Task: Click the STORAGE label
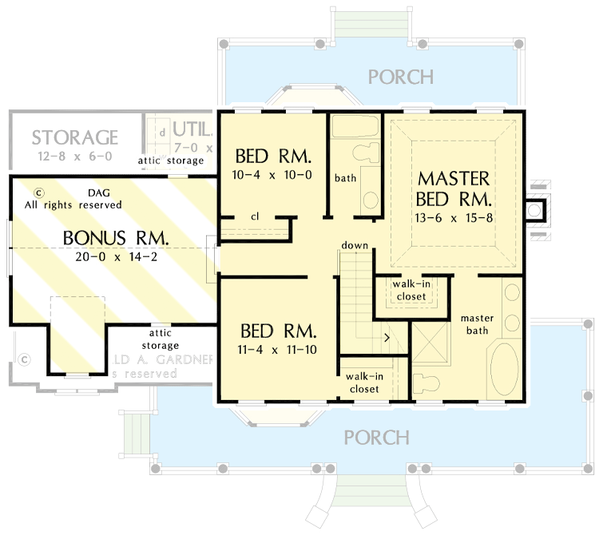pos(75,138)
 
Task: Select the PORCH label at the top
pos(400,77)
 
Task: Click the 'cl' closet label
pos(255,216)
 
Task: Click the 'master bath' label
pos(478,324)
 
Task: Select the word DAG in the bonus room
pos(93,192)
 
